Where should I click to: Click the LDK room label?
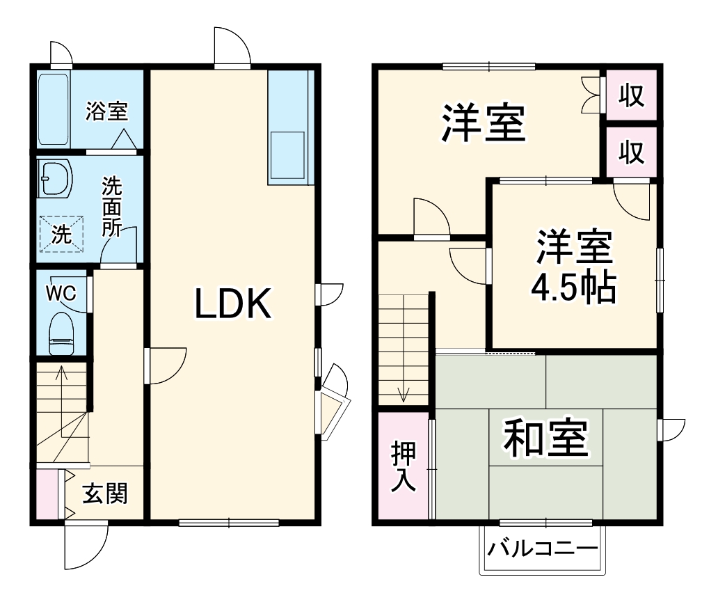(x=232, y=305)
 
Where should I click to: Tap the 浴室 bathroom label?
(x=106, y=111)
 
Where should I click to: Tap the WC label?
(x=61, y=293)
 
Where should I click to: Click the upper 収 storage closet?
(x=631, y=95)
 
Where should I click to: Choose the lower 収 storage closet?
(x=631, y=151)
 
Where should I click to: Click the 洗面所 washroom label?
(x=111, y=207)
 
